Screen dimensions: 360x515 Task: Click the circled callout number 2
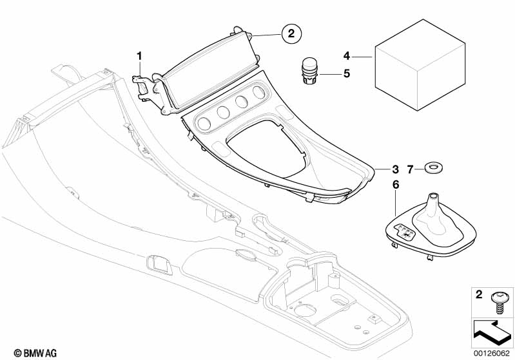[291, 33]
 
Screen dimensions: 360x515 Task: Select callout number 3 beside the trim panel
[395, 169]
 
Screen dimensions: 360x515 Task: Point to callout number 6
[395, 185]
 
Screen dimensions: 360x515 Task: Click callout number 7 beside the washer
[409, 169]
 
